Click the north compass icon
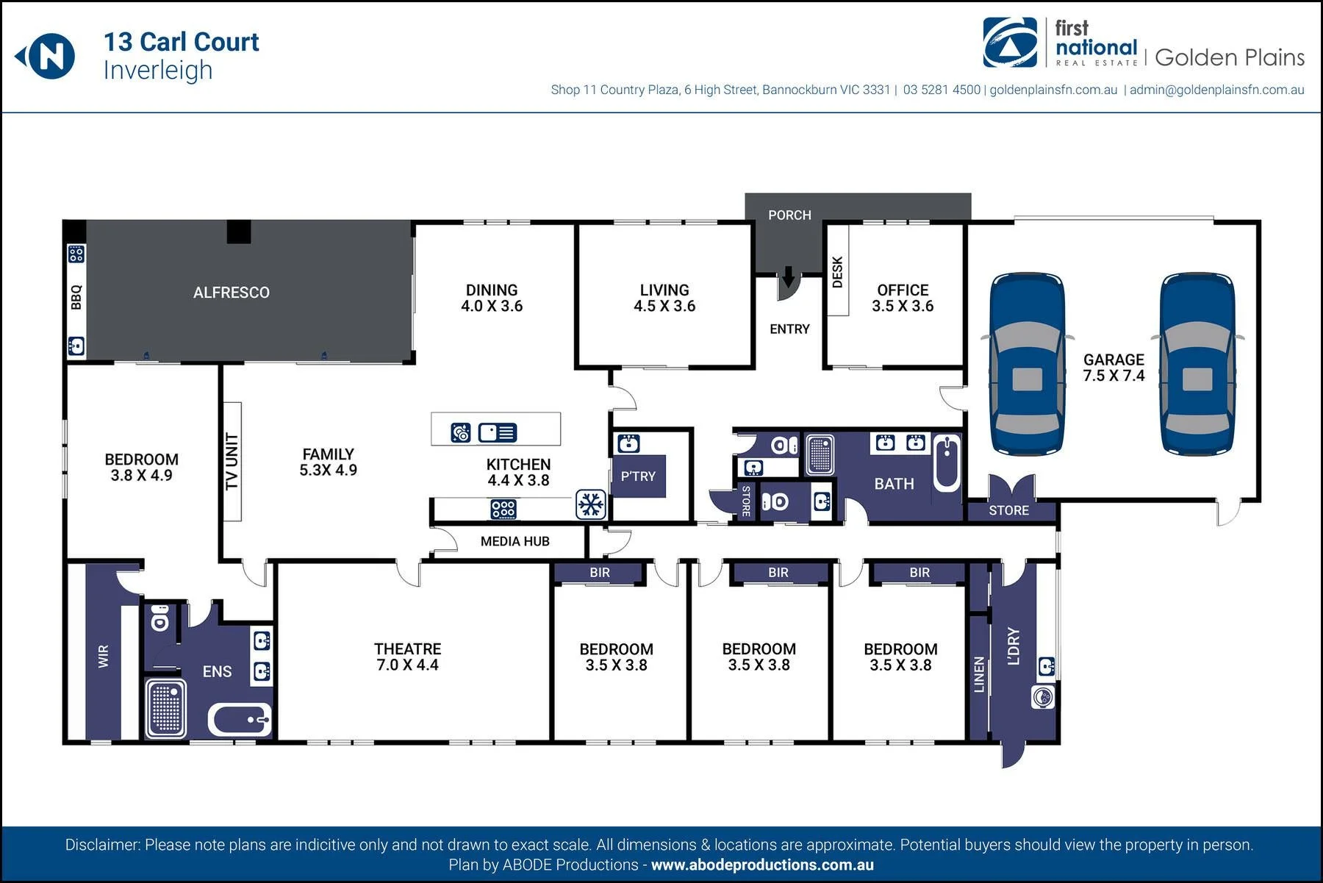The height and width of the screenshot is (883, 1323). coord(46,56)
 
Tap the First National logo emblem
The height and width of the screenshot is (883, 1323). coord(1011,43)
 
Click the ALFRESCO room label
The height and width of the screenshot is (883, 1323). coord(232,293)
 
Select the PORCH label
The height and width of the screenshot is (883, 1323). coord(789,215)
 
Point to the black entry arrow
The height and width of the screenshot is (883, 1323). coord(788,277)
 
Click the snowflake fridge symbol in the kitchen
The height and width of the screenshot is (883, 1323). coord(591,504)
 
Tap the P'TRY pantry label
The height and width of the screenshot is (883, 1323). coord(638,476)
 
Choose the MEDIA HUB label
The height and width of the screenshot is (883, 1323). coord(515,542)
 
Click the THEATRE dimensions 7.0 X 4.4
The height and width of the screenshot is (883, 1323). coord(407,665)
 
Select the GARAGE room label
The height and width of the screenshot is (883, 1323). coord(1114,360)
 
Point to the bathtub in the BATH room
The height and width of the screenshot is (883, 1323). coord(947,463)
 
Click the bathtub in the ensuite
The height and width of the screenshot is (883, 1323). coord(240,720)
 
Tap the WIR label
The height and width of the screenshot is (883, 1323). coord(103,657)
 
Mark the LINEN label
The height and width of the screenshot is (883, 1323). coord(978,675)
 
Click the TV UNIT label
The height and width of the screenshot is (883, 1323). coord(232,461)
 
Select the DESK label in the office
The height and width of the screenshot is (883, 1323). coord(837,272)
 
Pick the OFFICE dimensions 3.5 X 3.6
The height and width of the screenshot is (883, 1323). coord(903,307)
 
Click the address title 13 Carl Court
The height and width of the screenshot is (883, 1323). coord(182,42)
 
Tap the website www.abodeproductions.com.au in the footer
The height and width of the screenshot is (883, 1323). coord(762,865)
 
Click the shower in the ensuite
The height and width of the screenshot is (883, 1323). coord(166,708)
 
